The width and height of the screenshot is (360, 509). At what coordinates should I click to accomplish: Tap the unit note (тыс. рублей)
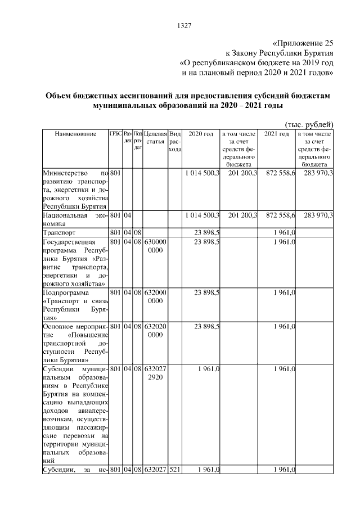tap(309, 124)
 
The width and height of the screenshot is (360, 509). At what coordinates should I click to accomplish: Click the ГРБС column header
tap(116, 134)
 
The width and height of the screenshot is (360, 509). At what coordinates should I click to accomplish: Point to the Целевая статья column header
tap(155, 138)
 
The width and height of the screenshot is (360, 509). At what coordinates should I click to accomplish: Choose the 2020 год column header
tap(201, 135)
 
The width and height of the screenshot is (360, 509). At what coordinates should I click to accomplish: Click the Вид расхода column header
tap(175, 142)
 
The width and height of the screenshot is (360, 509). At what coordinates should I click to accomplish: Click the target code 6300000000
tap(155, 246)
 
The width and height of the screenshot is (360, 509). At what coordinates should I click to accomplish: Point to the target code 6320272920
tap(155, 372)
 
